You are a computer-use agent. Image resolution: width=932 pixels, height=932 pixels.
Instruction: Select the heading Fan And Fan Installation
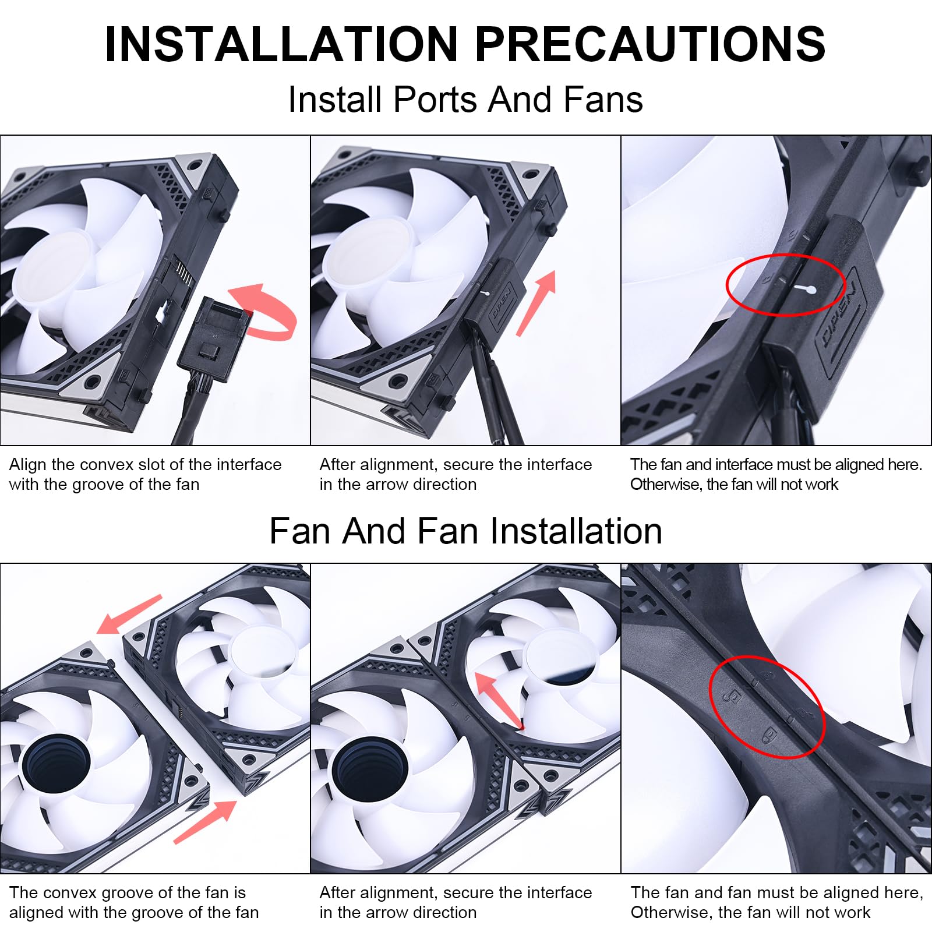[x=465, y=531]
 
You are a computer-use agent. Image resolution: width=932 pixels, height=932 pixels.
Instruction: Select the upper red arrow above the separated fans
[x=129, y=615]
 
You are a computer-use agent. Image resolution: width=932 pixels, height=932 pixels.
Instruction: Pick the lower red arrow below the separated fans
[x=205, y=822]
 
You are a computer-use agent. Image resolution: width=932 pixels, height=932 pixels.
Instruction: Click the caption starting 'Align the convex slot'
[x=145, y=474]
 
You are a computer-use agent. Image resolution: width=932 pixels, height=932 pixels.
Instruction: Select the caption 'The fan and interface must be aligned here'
[x=776, y=464]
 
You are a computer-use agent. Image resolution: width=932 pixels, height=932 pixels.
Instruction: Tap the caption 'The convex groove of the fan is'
[x=128, y=892]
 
